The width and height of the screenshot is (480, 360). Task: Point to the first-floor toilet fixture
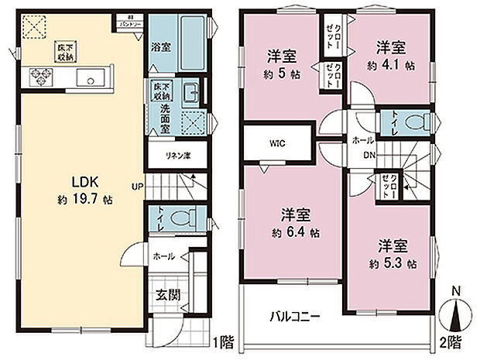tap(182, 218)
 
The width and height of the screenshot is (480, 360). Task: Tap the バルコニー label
tap(295, 316)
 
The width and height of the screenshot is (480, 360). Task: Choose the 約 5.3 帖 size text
tap(393, 263)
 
